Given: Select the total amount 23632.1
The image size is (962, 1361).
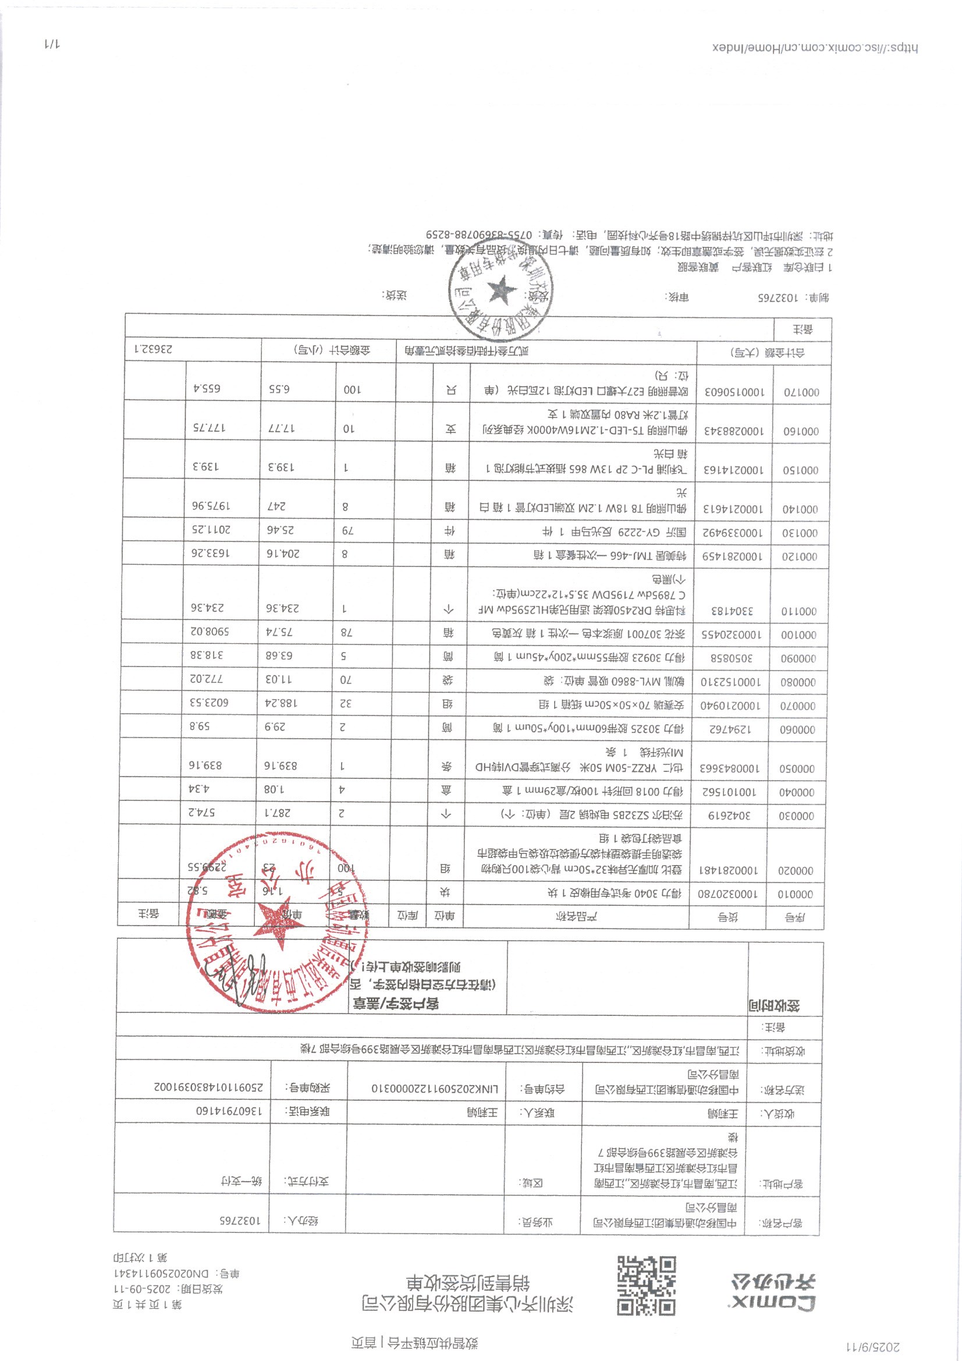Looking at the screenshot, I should click(153, 350).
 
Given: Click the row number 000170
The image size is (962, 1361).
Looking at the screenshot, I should click(801, 392).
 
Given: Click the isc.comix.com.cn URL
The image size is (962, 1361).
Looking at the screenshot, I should click(815, 48).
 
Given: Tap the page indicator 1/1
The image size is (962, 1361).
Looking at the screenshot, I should click(52, 44).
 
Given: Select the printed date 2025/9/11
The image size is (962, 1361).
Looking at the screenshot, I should click(874, 1347).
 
